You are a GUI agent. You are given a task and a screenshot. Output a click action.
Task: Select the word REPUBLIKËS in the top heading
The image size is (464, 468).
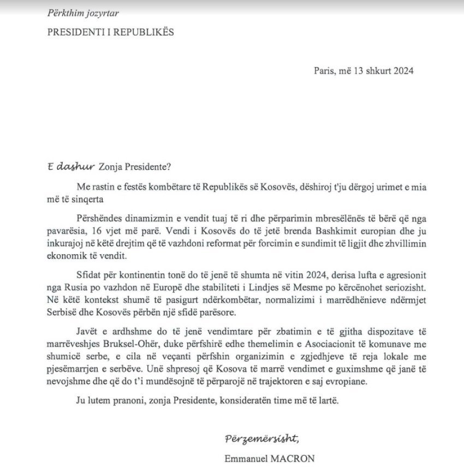coord(145,32)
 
